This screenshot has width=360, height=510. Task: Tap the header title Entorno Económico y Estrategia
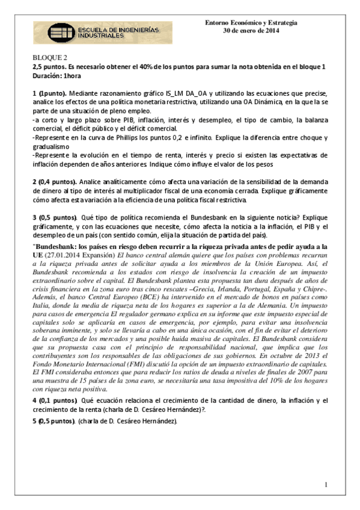251,23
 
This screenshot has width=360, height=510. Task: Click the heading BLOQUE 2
50,57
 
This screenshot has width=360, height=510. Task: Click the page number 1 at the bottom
325,484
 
